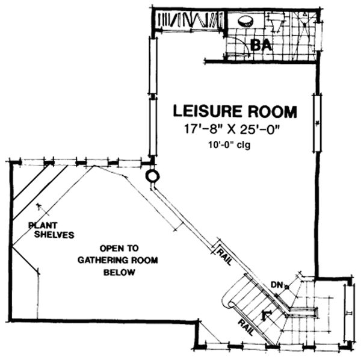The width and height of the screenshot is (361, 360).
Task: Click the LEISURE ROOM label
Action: click(x=235, y=111)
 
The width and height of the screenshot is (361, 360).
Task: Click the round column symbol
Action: click(x=152, y=176)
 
